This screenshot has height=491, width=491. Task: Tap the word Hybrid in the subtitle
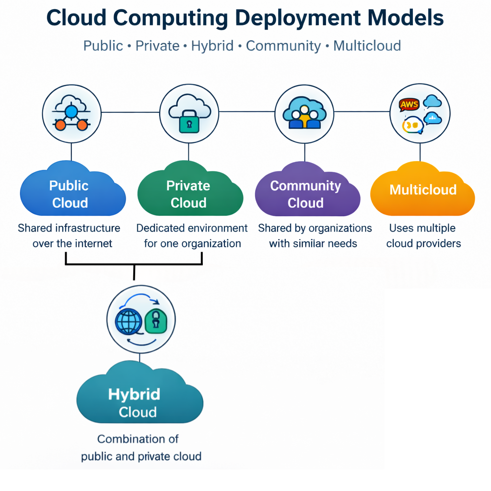(212, 46)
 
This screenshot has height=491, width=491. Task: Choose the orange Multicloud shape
(422, 192)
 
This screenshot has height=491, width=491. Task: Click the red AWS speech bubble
(409, 104)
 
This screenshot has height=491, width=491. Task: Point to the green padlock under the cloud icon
(188, 123)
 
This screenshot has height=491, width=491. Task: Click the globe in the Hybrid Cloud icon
(129, 322)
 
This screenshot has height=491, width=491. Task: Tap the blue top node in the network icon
(71, 112)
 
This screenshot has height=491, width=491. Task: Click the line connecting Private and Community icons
(246, 112)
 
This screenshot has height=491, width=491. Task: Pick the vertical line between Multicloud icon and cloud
(420, 152)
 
